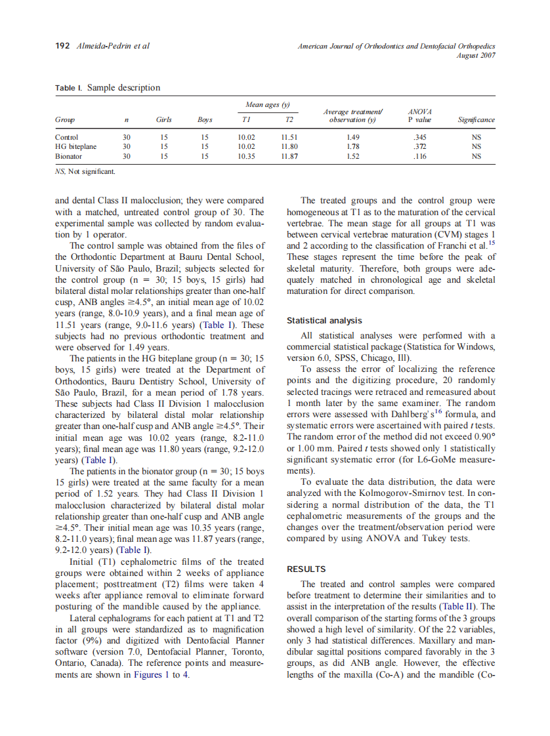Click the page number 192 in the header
[x=63, y=46]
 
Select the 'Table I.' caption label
[x=69, y=88]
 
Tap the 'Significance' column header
[x=476, y=120]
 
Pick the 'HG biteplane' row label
[x=75, y=147]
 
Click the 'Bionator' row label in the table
[x=69, y=157]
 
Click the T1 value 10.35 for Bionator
[x=246, y=157]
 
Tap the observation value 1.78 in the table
[x=353, y=147]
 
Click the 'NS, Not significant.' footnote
[x=85, y=171]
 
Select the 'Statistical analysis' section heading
[x=324, y=321]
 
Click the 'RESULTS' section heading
[x=307, y=569]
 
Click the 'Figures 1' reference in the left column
[x=148, y=676]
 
